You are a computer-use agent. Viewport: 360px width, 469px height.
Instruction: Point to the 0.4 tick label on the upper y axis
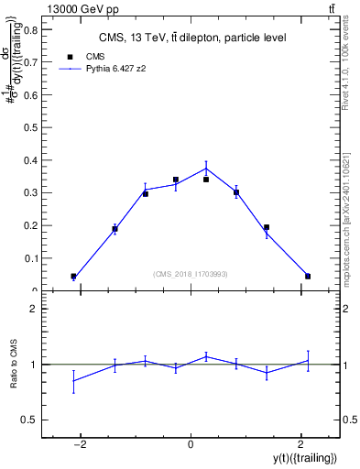(30, 160)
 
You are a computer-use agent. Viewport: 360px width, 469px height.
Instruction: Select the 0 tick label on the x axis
(191, 444)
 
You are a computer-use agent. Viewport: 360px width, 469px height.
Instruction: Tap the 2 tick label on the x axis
(300, 444)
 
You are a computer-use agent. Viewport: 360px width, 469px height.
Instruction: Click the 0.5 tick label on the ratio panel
(30, 420)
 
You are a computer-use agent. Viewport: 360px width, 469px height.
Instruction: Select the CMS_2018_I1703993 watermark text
(190, 274)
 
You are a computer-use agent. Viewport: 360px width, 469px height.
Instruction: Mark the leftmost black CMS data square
(73, 276)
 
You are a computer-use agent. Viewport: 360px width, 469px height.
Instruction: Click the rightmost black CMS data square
(308, 276)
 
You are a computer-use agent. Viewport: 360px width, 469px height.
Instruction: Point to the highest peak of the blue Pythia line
(206, 168)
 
